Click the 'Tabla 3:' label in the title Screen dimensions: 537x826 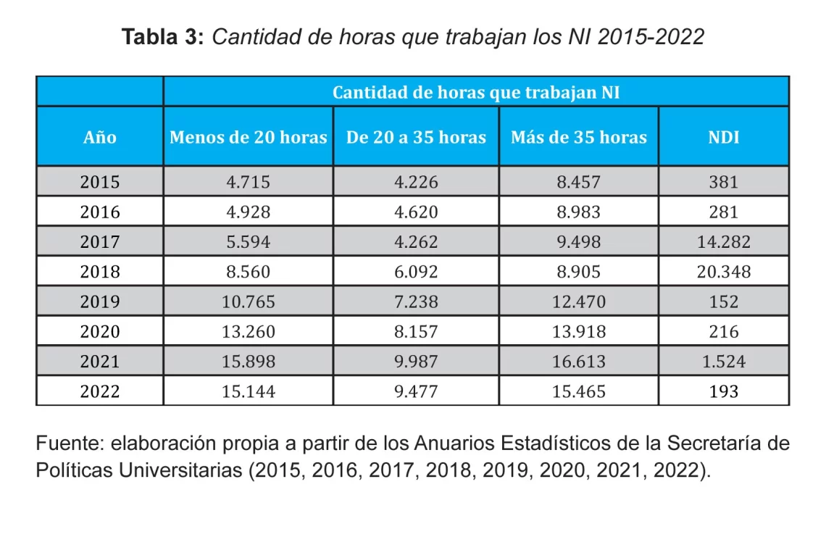(x=164, y=37)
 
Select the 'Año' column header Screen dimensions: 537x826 (x=100, y=137)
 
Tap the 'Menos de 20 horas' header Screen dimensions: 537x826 (x=248, y=137)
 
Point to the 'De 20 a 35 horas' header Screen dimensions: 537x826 (x=416, y=137)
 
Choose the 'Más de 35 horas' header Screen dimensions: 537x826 (x=578, y=137)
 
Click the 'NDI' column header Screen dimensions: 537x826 (x=723, y=137)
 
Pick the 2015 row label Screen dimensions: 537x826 (x=100, y=182)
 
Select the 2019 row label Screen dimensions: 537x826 (x=100, y=301)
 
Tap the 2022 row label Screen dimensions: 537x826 (x=100, y=391)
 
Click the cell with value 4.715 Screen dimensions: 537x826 (x=248, y=182)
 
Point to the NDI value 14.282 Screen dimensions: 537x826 (x=723, y=242)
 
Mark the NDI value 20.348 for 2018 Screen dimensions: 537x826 (x=723, y=272)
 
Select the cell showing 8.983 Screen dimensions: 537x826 (x=578, y=212)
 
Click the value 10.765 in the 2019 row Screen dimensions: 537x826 (x=248, y=301)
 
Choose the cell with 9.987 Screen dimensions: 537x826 (x=416, y=362)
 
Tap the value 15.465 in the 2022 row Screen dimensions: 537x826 (x=578, y=391)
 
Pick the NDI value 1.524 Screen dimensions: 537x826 (x=723, y=362)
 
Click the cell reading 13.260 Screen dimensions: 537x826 (x=248, y=332)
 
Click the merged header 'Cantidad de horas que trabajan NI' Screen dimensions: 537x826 (x=476, y=93)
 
